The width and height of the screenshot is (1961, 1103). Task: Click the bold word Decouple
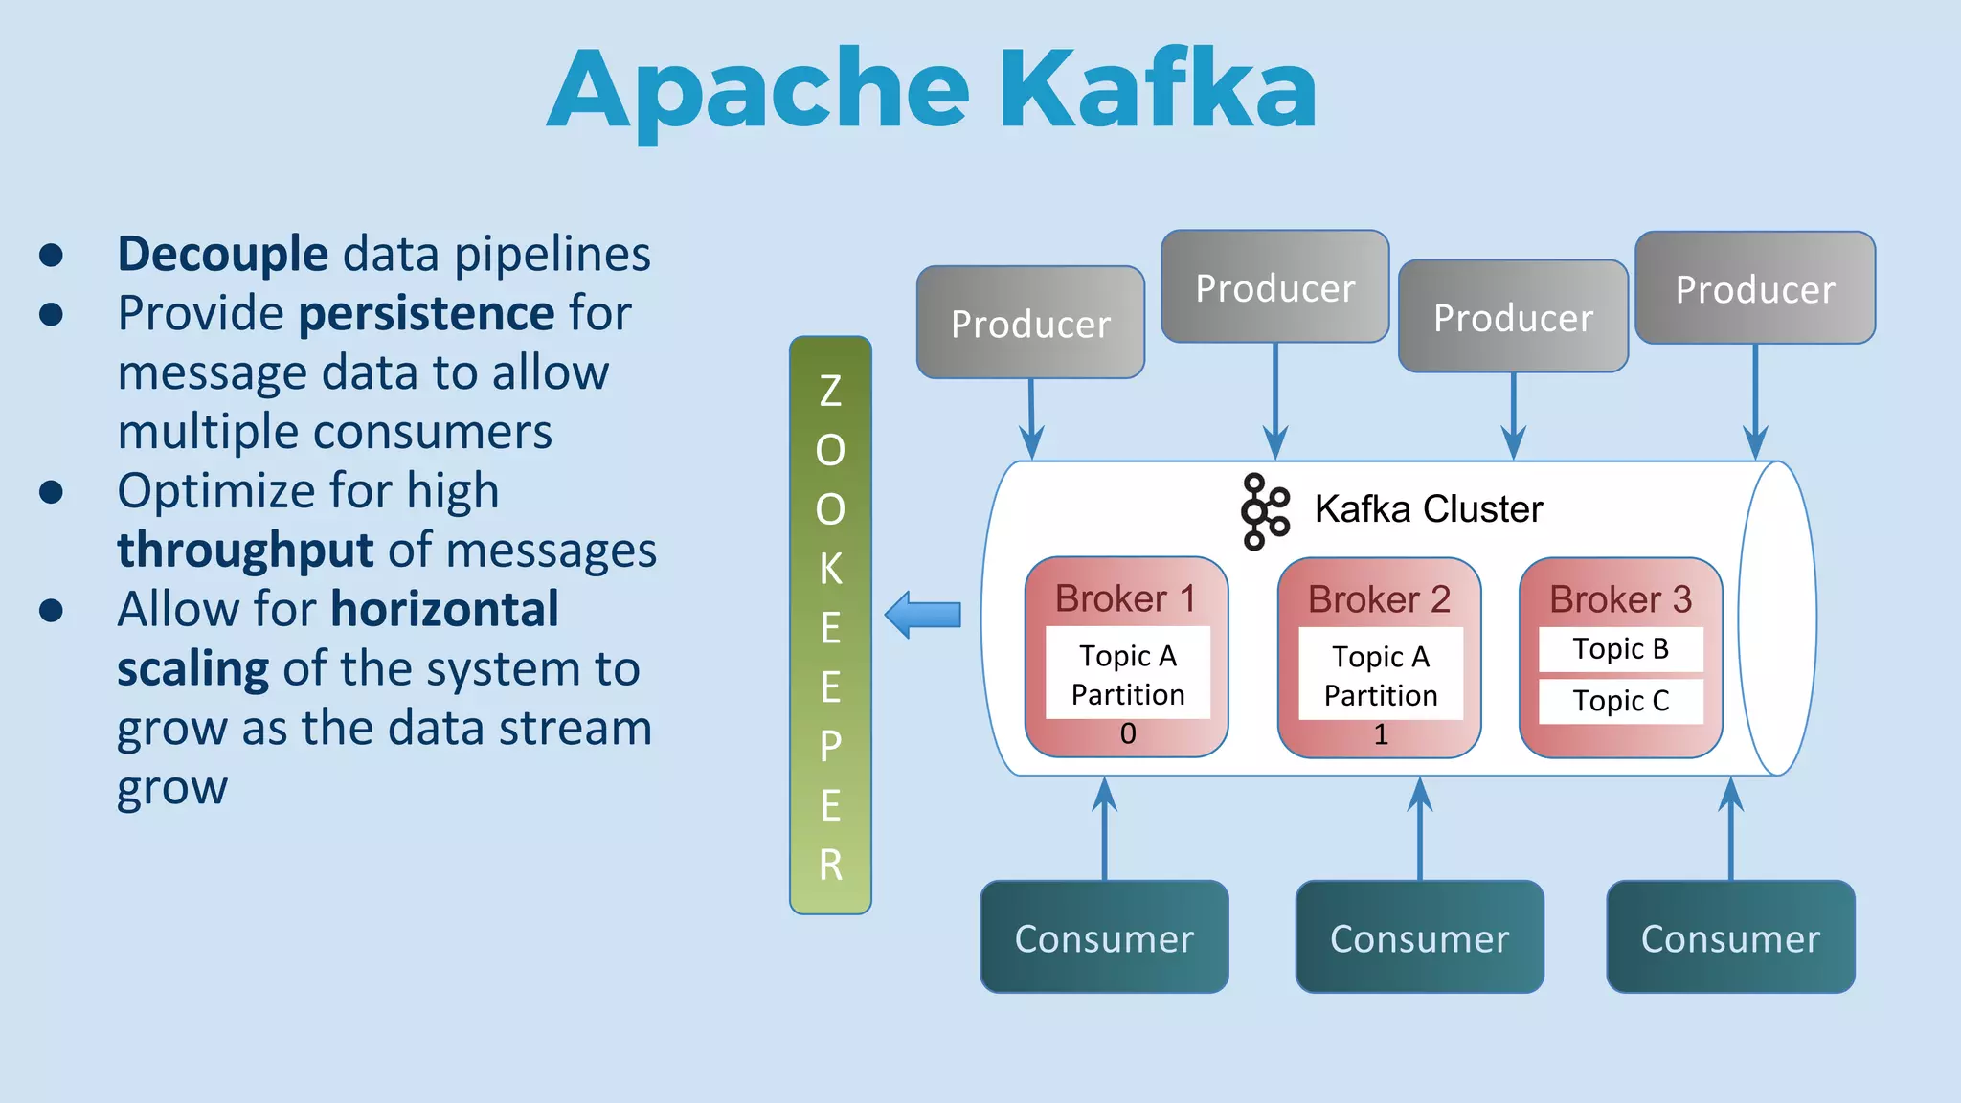(x=222, y=254)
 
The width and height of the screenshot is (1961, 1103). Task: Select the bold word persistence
(x=426, y=313)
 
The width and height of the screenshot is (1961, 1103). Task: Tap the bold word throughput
(x=244, y=551)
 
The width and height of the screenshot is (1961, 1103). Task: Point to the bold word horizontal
(x=445, y=609)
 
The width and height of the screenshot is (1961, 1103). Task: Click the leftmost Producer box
(x=1030, y=323)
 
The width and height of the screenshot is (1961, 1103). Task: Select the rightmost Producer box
(x=1754, y=288)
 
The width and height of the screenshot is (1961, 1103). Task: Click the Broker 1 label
(x=1125, y=599)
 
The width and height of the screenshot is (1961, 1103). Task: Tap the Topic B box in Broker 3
(x=1620, y=649)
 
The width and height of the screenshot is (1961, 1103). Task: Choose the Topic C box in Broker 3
(x=1620, y=701)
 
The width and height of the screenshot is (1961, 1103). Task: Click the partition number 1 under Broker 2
(x=1380, y=734)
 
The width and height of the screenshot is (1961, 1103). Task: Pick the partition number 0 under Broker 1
(x=1128, y=733)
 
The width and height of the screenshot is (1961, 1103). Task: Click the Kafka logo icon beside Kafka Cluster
(x=1265, y=511)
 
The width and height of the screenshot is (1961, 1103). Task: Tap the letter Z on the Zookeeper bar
(x=830, y=391)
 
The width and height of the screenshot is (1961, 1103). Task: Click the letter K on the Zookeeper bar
(x=830, y=569)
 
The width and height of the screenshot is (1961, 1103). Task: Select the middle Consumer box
(x=1419, y=937)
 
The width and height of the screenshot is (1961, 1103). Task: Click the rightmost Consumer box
(x=1730, y=937)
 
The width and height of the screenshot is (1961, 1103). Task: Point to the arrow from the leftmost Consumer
(x=1104, y=828)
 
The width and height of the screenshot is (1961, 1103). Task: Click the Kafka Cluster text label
(x=1428, y=509)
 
